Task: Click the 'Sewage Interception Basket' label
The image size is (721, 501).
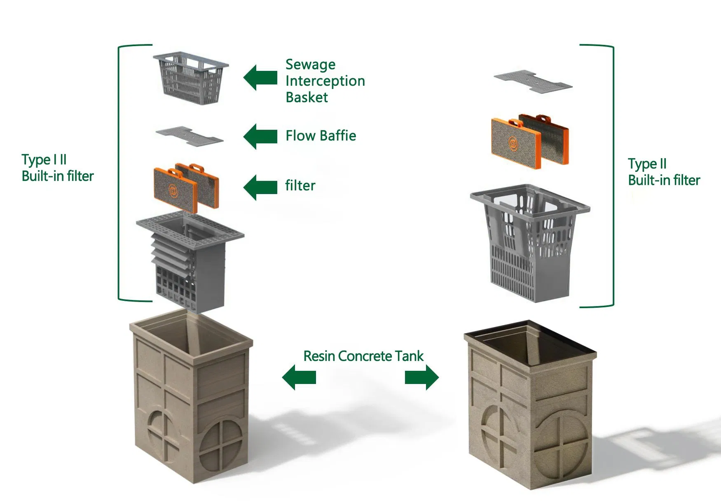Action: click(x=325, y=81)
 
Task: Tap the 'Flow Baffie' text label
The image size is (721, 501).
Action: click(x=321, y=136)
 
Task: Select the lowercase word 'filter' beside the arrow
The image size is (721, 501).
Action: click(x=300, y=185)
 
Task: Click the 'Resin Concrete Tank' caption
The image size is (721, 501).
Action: click(x=363, y=356)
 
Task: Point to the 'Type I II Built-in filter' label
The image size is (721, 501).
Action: click(x=57, y=168)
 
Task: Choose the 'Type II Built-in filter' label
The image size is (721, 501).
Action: click(x=664, y=172)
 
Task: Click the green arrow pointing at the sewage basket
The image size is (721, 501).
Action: click(x=260, y=77)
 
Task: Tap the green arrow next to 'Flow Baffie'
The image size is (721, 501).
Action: click(x=260, y=136)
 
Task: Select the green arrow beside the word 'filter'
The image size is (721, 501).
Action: click(x=260, y=187)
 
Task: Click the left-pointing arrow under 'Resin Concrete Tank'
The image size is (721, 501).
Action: click(x=299, y=377)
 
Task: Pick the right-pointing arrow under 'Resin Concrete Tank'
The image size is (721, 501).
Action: click(x=421, y=377)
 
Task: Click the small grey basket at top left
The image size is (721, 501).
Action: click(x=191, y=78)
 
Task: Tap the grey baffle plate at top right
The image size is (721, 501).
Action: click(x=533, y=81)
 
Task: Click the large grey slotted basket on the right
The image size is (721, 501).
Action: click(x=530, y=243)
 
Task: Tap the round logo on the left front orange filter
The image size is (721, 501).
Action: click(x=173, y=190)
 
